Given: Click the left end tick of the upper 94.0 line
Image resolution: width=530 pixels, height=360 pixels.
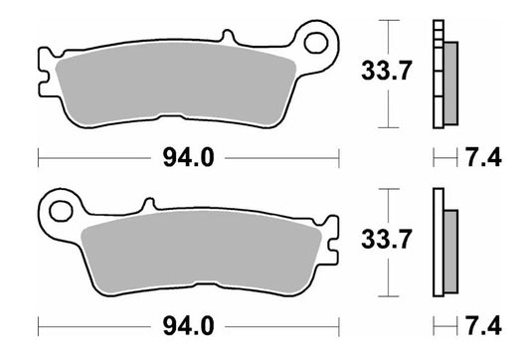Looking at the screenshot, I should click(38, 156).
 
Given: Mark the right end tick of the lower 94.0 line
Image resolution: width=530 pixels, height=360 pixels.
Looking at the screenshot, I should click(340, 325).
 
